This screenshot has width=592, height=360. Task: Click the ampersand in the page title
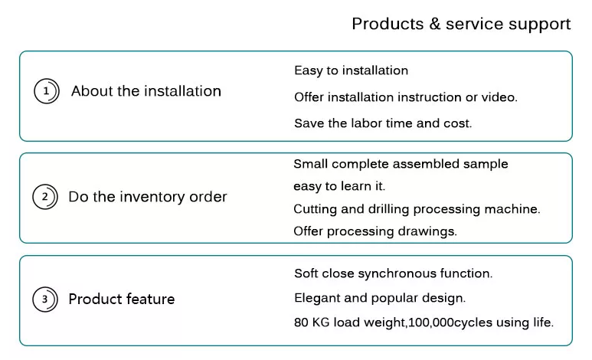(435, 24)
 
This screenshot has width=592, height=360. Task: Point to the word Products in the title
(388, 24)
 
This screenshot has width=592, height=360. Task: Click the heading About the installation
(146, 91)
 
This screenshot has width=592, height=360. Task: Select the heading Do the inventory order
(148, 197)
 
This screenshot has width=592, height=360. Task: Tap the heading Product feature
(122, 299)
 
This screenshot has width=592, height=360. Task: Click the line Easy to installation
(351, 70)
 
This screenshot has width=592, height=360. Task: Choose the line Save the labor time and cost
(383, 123)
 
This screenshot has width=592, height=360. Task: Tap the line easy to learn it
(339, 186)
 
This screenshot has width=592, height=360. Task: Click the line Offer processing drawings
(375, 231)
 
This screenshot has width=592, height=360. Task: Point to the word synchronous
(397, 273)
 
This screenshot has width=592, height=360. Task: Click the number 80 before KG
(301, 322)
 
